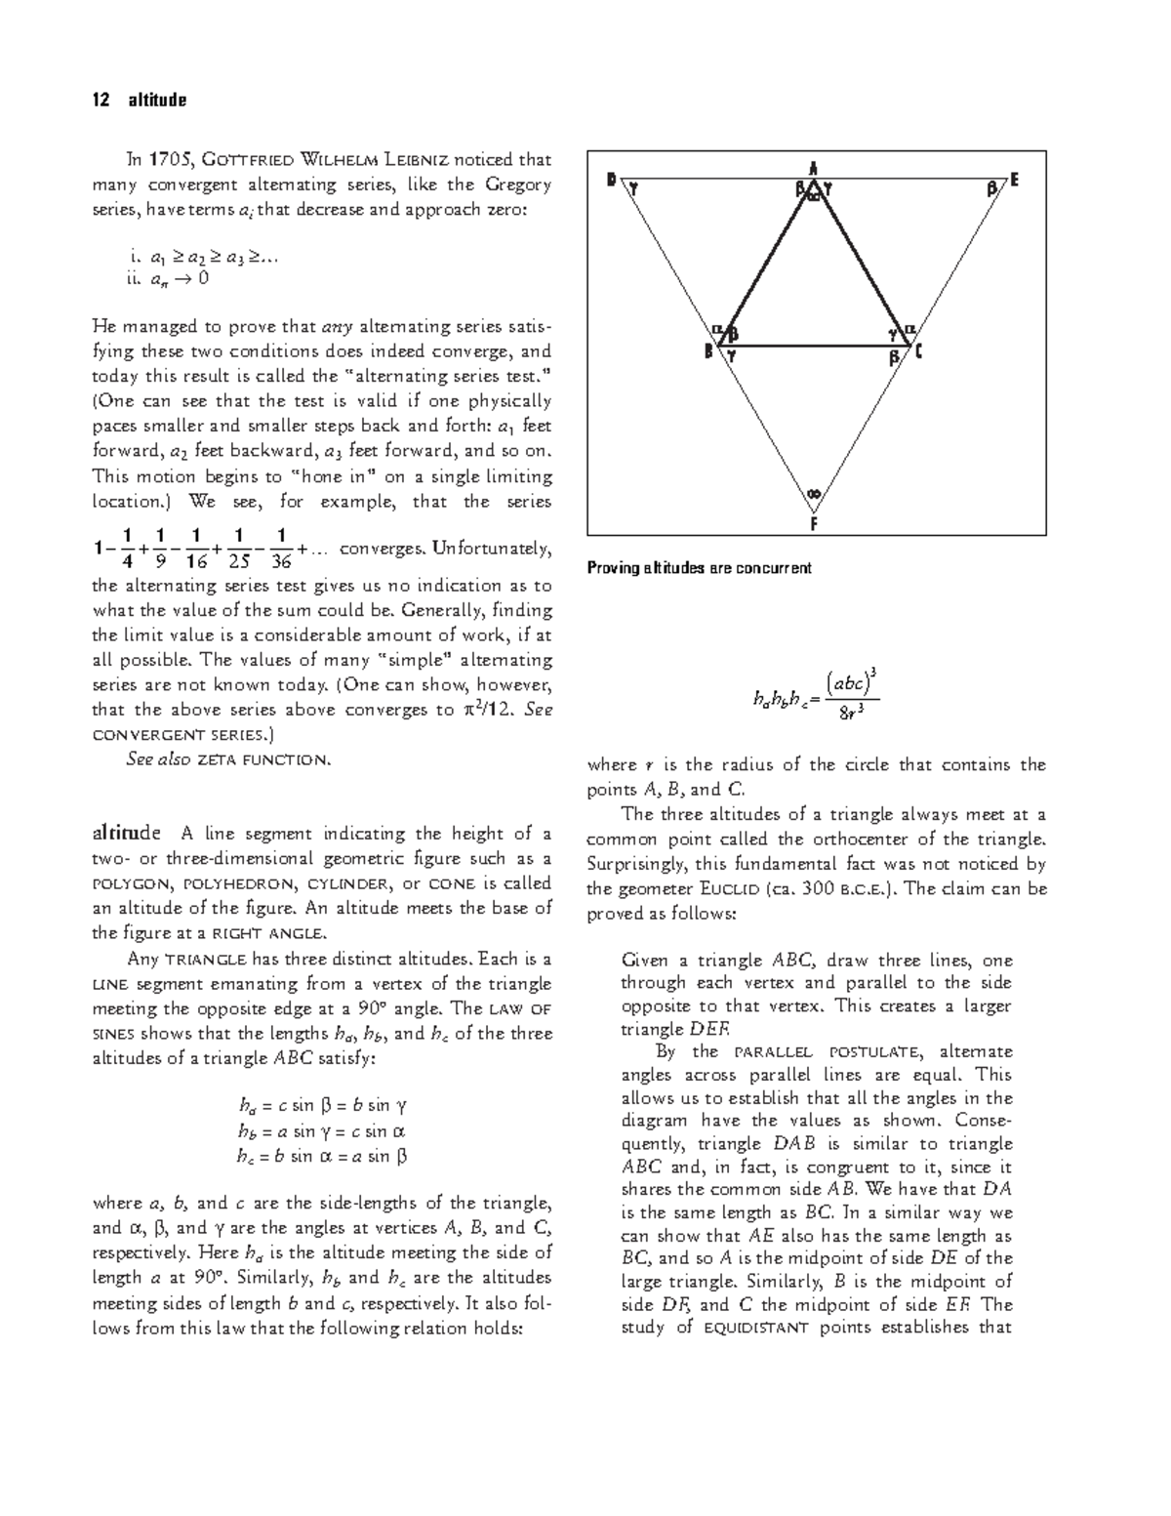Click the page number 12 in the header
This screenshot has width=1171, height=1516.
pyautogui.click(x=99, y=100)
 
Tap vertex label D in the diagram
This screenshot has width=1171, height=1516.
pyautogui.click(x=611, y=180)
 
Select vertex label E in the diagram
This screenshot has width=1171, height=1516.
pyautogui.click(x=1015, y=180)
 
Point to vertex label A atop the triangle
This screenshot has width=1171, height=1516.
pyautogui.click(x=814, y=166)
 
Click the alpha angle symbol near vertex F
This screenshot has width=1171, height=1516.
pyautogui.click(x=814, y=494)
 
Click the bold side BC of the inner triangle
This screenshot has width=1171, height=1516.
pyautogui.click(x=814, y=345)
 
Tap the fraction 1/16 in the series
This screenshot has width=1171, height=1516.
pyautogui.click(x=196, y=549)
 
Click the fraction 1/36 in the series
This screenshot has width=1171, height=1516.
pyautogui.click(x=281, y=549)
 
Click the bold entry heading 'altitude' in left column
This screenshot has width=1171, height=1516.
pyautogui.click(x=126, y=834)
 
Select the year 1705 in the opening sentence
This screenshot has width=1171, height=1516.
pyautogui.click(x=170, y=160)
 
